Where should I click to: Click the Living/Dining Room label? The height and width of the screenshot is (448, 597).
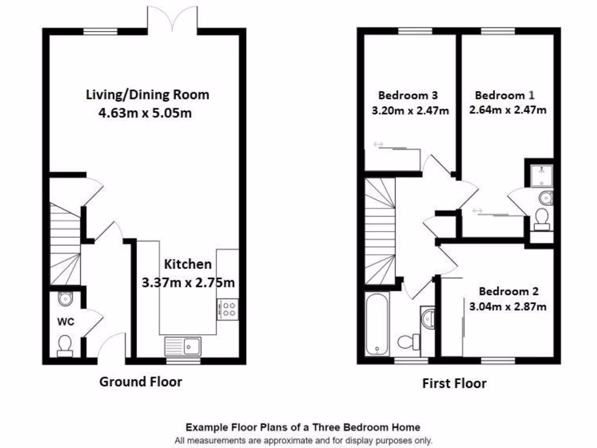(147, 94)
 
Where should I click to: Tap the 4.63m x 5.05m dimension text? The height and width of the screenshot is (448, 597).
(145, 113)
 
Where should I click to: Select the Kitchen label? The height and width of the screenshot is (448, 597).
(187, 264)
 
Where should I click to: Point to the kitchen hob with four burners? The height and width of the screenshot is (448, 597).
(227, 309)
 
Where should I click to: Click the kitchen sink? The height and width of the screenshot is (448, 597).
(182, 346)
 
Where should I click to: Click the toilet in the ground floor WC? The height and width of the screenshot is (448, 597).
(65, 345)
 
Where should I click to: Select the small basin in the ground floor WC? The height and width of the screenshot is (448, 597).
(65, 299)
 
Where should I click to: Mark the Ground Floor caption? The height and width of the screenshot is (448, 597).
(141, 382)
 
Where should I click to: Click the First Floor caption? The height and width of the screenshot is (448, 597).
(454, 383)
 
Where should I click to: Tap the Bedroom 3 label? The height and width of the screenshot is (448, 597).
(408, 95)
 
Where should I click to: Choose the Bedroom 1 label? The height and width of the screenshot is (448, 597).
(504, 95)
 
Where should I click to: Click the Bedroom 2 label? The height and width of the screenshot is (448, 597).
(508, 291)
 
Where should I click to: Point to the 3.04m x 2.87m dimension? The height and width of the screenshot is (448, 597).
(508, 306)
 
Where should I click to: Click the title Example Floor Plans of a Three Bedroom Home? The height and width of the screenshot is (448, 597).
(303, 428)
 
